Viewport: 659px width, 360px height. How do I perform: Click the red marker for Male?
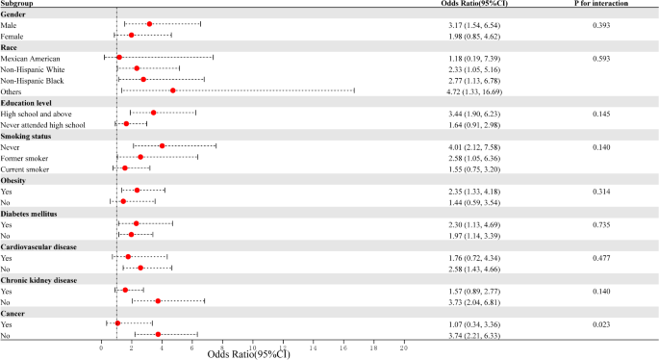click(x=149, y=24)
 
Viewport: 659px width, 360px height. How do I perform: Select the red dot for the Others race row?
click(x=172, y=90)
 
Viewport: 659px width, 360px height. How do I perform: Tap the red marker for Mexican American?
click(x=119, y=57)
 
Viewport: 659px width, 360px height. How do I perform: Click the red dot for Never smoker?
click(x=162, y=146)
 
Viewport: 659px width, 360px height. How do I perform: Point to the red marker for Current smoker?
click(x=124, y=168)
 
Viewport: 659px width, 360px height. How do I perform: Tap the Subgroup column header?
click(x=20, y=4)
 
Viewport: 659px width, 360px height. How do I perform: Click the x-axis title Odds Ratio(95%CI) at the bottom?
click(x=252, y=354)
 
